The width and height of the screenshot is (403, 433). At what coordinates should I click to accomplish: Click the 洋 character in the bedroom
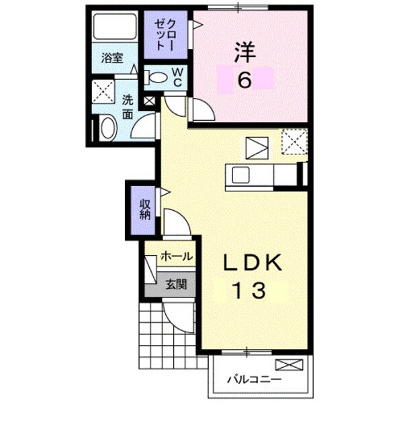(x=242, y=51)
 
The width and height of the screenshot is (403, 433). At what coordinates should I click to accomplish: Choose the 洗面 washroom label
(x=128, y=105)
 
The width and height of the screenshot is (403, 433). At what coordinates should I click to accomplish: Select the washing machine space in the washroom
(x=103, y=91)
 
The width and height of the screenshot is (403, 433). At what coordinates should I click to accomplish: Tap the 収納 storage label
(x=144, y=209)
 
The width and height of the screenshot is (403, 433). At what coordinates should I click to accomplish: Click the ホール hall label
(x=177, y=256)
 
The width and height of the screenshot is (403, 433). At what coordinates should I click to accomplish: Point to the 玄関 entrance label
(x=176, y=283)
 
